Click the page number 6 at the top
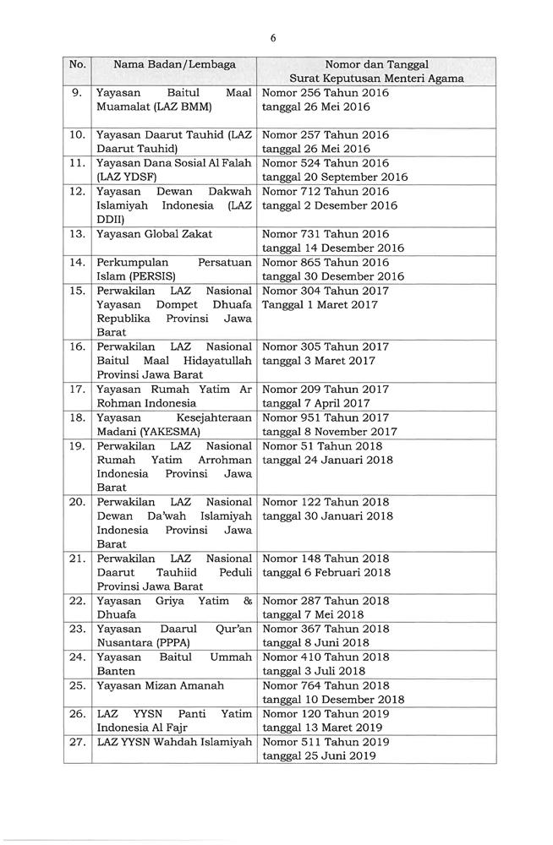(273, 37)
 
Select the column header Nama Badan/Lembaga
(174, 63)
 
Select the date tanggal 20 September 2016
(335, 177)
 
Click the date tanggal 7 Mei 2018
(313, 615)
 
